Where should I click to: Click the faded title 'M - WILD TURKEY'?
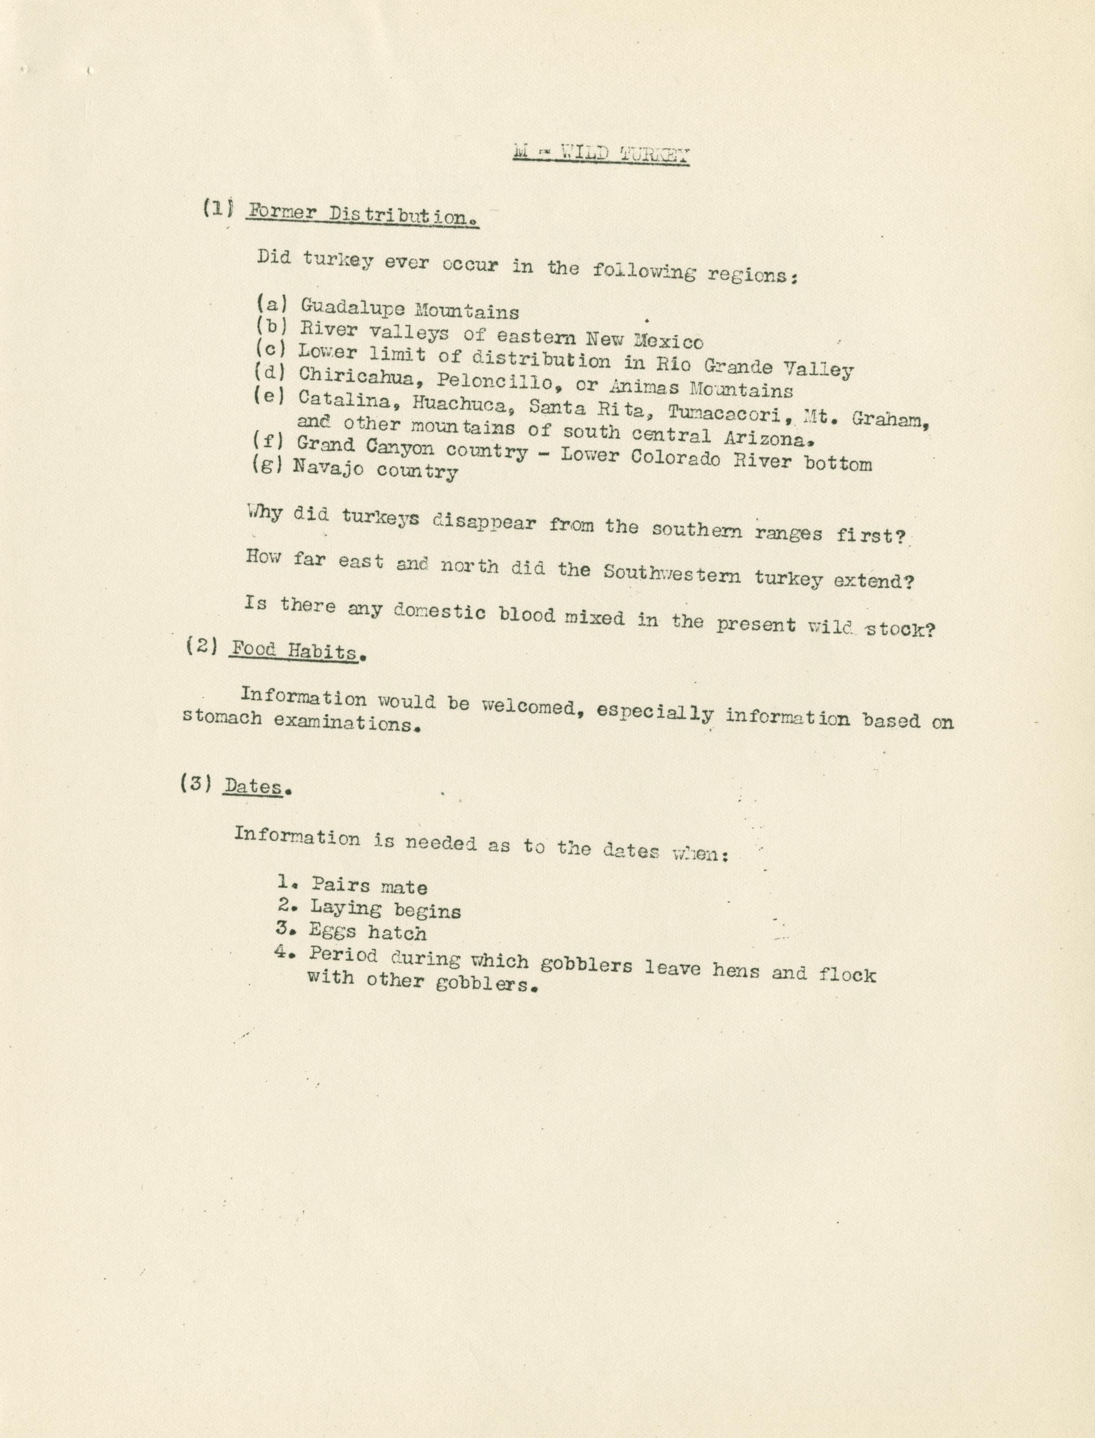pyautogui.click(x=601, y=154)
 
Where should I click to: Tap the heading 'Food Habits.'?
pyautogui.click(x=295, y=651)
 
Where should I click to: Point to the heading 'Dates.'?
pyautogui.click(x=254, y=787)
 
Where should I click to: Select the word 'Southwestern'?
pyautogui.click(x=672, y=574)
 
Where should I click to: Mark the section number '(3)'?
pyautogui.click(x=196, y=784)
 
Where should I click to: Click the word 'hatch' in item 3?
pyautogui.click(x=397, y=933)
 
